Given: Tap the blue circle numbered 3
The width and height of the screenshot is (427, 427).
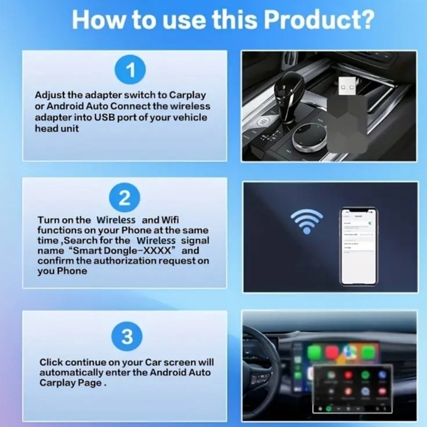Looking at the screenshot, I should click(x=127, y=336).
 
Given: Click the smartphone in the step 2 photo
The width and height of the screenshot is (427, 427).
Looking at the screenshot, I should click(x=359, y=246).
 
